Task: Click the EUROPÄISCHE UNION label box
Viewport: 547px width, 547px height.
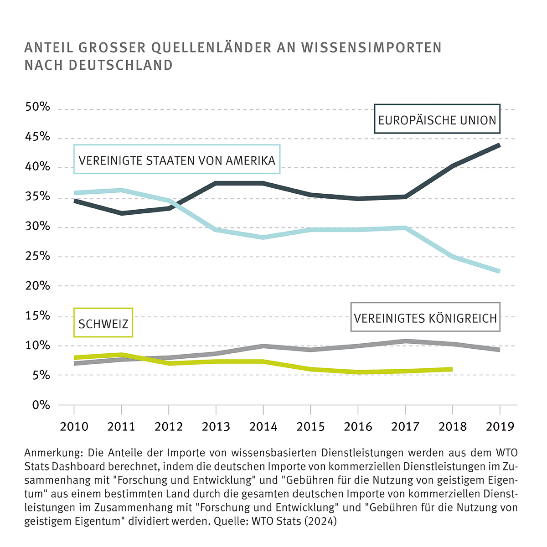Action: (437, 119)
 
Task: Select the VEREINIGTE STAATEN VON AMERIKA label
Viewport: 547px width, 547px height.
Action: (177, 160)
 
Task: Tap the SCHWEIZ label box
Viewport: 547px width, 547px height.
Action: (103, 323)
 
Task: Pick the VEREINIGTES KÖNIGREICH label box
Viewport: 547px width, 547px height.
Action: (425, 318)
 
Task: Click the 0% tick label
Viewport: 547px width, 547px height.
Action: (41, 405)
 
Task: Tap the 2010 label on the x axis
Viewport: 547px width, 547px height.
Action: (74, 427)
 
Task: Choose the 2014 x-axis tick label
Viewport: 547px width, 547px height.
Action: (263, 427)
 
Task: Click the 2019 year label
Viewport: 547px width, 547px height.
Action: (500, 427)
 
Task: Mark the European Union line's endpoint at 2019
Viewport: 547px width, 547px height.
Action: (499, 145)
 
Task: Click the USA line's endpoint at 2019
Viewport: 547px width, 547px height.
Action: (499, 271)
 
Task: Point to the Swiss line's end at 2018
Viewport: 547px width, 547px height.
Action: (451, 369)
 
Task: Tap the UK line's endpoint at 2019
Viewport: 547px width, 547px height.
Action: (499, 349)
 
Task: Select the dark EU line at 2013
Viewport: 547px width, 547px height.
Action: (216, 183)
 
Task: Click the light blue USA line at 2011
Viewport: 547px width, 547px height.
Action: (121, 190)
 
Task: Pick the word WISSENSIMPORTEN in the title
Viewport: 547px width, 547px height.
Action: (372, 48)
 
